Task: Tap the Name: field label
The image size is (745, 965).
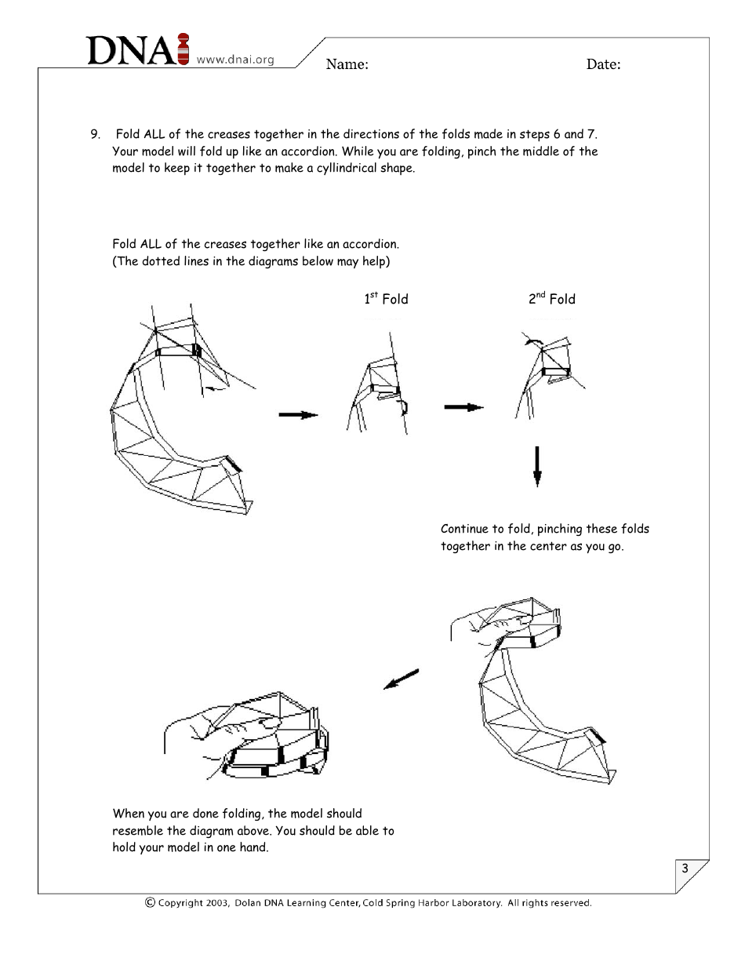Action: coord(347,64)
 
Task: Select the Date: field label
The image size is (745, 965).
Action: coord(603,64)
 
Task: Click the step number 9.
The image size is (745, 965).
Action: coord(95,134)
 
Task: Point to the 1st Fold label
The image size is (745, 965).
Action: coord(386,298)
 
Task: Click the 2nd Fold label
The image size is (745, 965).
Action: coord(551,298)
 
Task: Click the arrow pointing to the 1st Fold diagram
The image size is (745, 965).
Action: coord(298,415)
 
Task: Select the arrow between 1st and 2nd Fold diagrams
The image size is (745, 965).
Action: coord(463,407)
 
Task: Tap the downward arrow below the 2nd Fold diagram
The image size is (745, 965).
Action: coord(537,467)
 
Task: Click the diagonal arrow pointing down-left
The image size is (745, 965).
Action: coord(401,679)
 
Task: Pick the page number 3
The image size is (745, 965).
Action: coord(685,868)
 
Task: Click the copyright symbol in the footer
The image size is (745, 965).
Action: coord(150,902)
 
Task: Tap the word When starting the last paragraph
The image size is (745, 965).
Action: coord(129,814)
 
